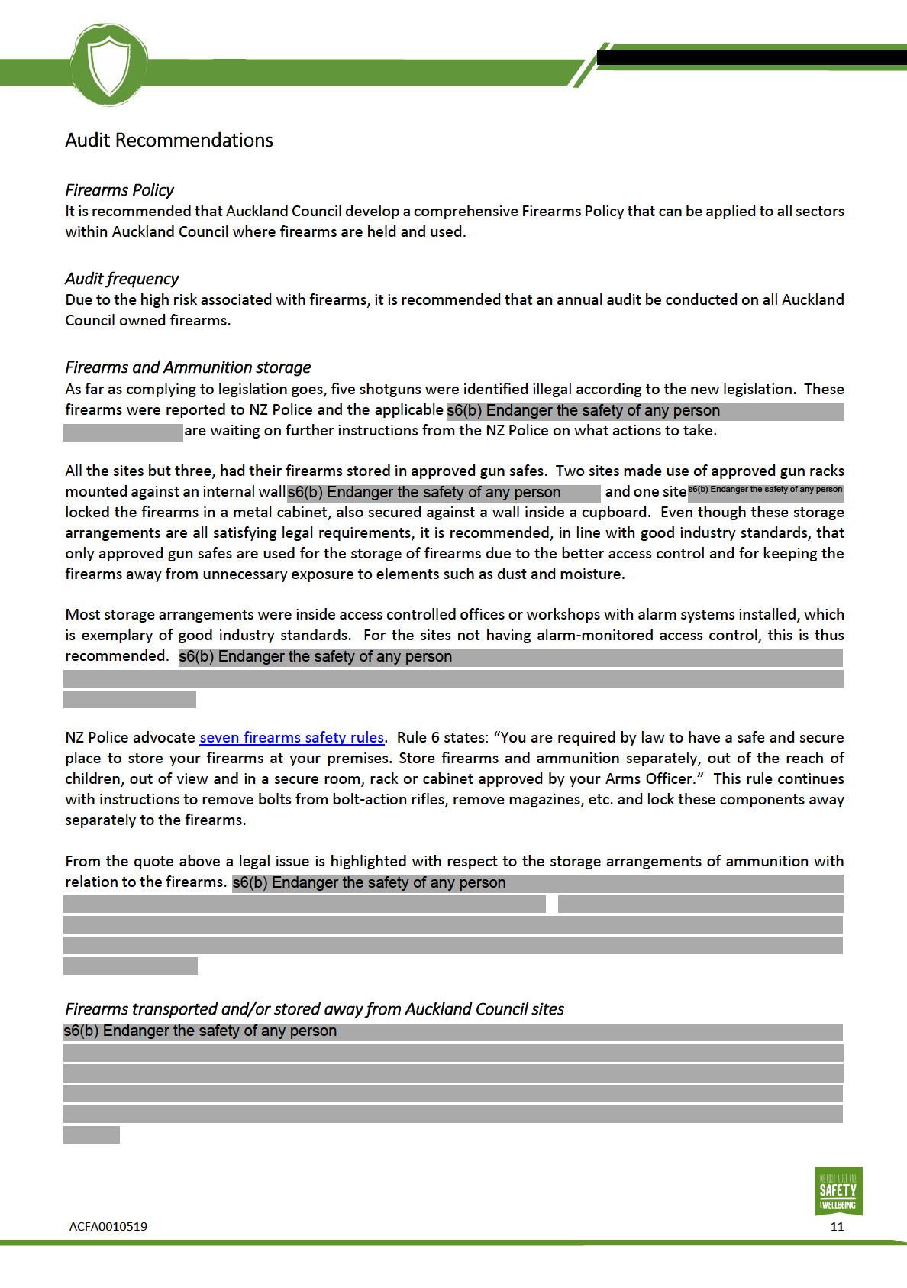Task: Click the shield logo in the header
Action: [x=108, y=64]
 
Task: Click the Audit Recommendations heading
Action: [x=169, y=141]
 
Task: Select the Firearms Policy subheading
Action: [x=119, y=190]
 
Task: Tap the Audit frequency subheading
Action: [x=121, y=279]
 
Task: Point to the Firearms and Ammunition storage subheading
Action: [x=188, y=367]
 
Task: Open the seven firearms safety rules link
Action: [x=292, y=738]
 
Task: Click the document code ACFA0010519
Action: [x=108, y=1227]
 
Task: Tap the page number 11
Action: [x=837, y=1227]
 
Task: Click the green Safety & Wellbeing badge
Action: [x=838, y=1190]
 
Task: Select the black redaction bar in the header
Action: [x=751, y=57]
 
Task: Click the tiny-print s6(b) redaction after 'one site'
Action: [x=765, y=490]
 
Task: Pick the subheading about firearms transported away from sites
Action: [x=315, y=1009]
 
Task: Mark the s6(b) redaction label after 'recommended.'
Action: [x=315, y=657]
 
